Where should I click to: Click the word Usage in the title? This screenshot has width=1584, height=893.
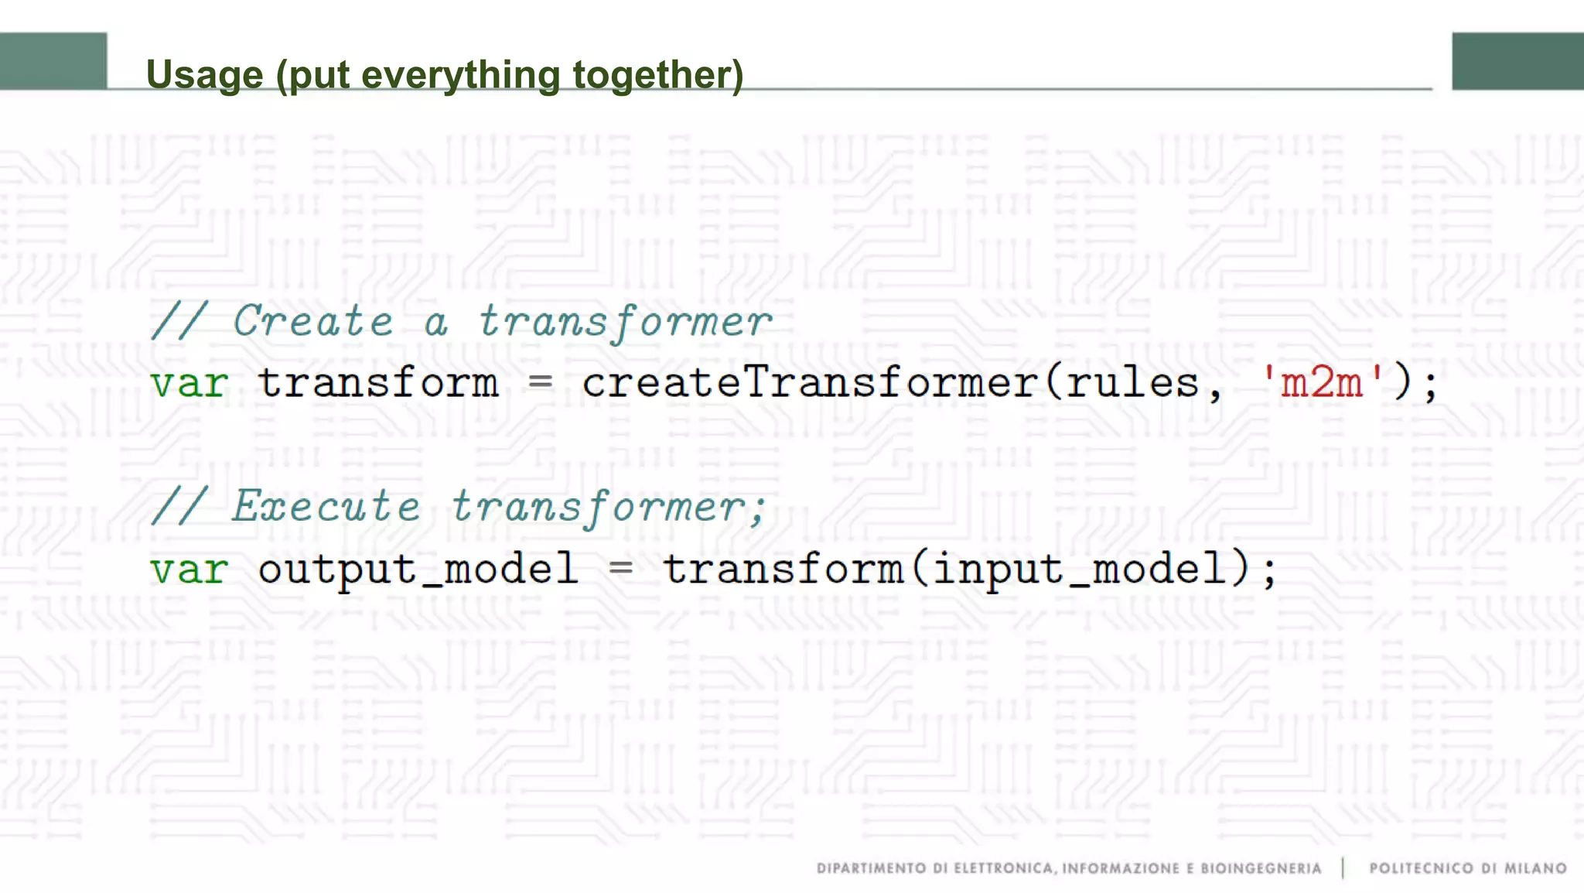[205, 75]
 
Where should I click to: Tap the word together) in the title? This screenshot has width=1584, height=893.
[658, 75]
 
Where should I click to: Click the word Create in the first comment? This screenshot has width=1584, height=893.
[313, 321]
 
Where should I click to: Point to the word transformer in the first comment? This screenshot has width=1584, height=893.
[625, 321]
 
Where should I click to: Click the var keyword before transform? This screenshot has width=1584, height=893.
[189, 383]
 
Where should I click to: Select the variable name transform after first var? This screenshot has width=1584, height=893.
[378, 383]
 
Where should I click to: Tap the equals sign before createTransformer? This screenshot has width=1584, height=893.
[540, 381]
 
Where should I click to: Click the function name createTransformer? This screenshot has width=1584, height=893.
[809, 383]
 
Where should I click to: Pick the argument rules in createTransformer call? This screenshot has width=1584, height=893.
[1132, 383]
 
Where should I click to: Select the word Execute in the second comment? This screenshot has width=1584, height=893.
[326, 507]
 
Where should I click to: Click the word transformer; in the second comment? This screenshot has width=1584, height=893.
[608, 508]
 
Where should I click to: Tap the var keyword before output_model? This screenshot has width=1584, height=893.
[189, 570]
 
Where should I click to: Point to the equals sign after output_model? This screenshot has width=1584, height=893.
[620, 568]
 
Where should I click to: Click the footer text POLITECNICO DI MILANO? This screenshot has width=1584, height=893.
[1467, 868]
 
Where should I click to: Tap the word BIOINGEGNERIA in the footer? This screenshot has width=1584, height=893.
[1261, 868]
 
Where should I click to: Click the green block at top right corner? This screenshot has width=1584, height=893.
[1517, 61]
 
